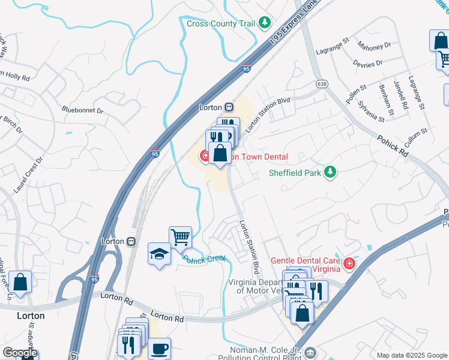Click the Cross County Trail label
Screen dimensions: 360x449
(x=221, y=23)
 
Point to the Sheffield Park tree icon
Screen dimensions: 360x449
(x=330, y=173)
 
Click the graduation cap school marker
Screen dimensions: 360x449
(x=158, y=254)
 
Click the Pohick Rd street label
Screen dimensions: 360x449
(x=393, y=146)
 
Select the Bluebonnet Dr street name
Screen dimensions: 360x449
(x=83, y=110)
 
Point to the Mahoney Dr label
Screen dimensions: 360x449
(x=374, y=45)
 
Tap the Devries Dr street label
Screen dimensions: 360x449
(x=369, y=63)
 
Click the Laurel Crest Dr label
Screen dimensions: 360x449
(x=29, y=175)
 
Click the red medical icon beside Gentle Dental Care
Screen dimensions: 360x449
(x=349, y=263)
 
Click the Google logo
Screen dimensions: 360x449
(x=19, y=353)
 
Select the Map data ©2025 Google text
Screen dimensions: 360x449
(x=411, y=355)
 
